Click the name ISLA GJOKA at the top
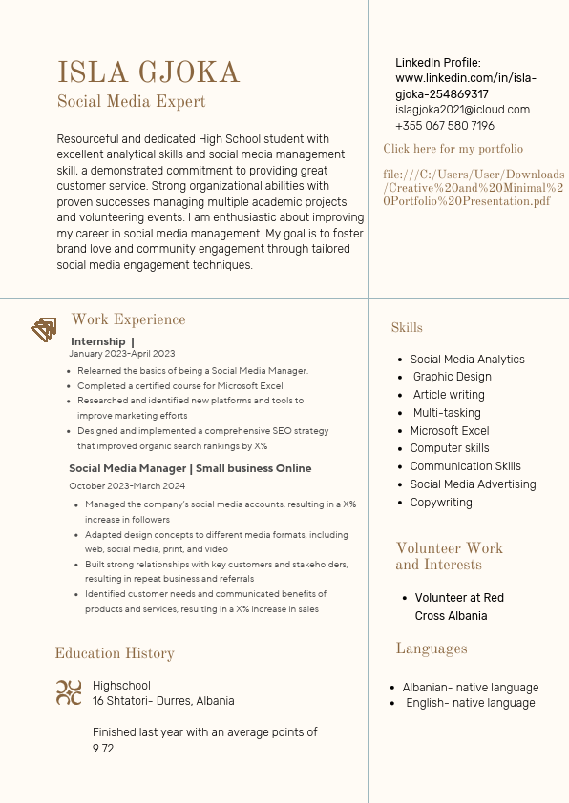click(149, 72)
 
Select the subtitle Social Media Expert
click(132, 101)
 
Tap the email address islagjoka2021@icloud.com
click(462, 110)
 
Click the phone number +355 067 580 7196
click(445, 126)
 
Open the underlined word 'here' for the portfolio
click(425, 149)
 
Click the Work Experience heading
click(128, 319)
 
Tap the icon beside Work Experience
click(44, 330)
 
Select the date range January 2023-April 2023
click(122, 354)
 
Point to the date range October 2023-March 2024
click(127, 486)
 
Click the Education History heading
click(115, 653)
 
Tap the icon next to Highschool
click(69, 692)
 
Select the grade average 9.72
click(103, 749)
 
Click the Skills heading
click(407, 328)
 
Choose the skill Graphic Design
click(453, 377)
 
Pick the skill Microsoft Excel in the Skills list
click(449, 430)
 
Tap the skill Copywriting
click(441, 502)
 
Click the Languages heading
click(432, 649)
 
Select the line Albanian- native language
click(470, 688)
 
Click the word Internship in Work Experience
click(97, 341)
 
